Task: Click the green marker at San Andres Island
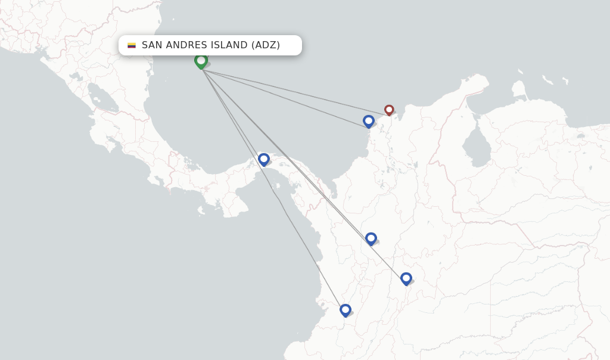point(201,61)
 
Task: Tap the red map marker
point(389,110)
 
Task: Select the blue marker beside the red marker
point(369,121)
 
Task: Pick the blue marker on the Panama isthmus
point(264,159)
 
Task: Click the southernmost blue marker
point(346,310)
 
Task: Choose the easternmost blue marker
point(406,278)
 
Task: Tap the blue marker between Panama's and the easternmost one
point(371,238)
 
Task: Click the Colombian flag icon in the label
point(132,45)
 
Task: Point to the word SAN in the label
point(152,45)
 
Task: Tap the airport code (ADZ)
point(266,45)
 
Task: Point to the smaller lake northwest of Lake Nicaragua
point(76,76)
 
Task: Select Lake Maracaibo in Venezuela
point(477,145)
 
